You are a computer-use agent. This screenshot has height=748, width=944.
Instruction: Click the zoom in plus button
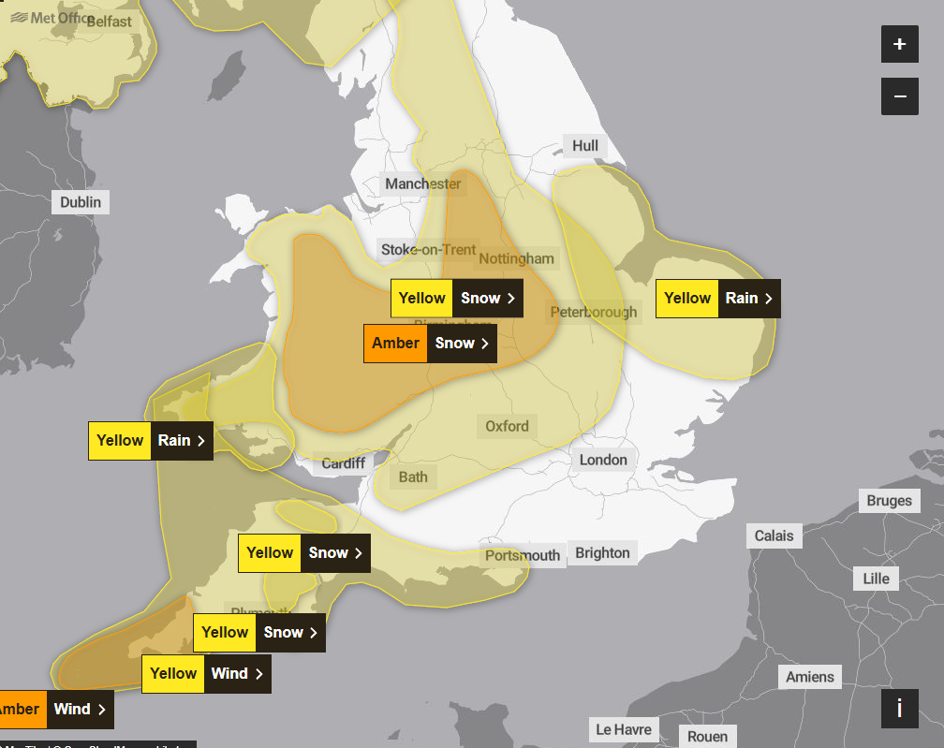(900, 44)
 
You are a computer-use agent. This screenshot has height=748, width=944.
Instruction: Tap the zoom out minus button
(900, 96)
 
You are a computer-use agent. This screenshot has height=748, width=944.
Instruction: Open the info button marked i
(900, 709)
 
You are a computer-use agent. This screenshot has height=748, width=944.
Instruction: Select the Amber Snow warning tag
(430, 344)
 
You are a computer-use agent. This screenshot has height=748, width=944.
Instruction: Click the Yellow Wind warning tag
(206, 674)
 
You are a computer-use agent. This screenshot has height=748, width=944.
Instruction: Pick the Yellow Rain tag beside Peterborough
(717, 299)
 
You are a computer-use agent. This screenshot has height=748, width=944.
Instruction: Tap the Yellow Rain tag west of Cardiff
(151, 441)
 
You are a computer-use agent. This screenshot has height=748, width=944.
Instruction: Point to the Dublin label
(81, 202)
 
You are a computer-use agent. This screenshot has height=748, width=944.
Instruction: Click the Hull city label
(585, 146)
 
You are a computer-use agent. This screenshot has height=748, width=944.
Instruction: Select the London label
(603, 460)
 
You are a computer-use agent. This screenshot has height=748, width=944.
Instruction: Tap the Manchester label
(423, 184)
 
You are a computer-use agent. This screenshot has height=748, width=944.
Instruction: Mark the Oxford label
(507, 427)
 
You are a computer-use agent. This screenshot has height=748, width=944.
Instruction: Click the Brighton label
(602, 553)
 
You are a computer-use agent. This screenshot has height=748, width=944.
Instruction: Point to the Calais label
(774, 536)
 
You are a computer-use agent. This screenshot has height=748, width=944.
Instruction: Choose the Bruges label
(889, 501)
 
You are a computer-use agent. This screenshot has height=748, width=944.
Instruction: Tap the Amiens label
(810, 677)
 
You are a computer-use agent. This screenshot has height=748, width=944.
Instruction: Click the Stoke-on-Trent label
(428, 249)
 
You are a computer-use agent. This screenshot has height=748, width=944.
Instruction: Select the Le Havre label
(624, 729)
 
